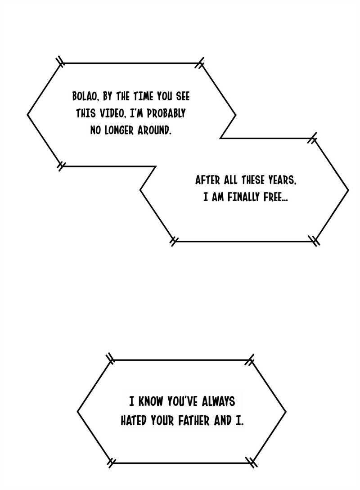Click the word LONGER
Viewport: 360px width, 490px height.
[x=117, y=130]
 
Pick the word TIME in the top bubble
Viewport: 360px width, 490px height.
[x=144, y=96]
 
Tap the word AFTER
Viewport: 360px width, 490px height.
[x=207, y=180]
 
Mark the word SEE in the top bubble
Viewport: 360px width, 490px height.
[x=180, y=96]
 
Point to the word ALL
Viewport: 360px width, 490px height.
[x=230, y=180]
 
